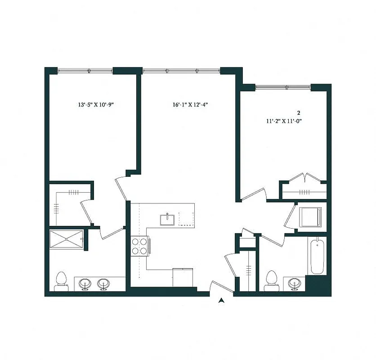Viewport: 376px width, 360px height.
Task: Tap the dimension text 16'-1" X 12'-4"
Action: (x=190, y=105)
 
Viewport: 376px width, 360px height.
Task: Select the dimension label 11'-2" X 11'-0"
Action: (x=283, y=121)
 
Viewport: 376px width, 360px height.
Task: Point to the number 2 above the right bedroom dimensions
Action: (x=298, y=112)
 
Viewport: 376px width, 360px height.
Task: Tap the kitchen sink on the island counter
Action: (x=167, y=219)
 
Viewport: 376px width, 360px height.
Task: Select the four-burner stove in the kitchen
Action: (x=140, y=247)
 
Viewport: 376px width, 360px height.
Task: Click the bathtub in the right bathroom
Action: (x=317, y=256)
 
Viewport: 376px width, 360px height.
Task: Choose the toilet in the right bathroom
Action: (x=271, y=280)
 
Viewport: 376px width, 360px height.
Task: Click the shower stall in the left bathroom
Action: (x=67, y=238)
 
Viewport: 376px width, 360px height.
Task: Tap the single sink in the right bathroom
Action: (x=295, y=283)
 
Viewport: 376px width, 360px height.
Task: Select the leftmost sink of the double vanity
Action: (x=85, y=284)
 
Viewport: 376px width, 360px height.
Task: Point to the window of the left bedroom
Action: (x=85, y=70)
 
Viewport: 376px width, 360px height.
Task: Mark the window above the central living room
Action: (x=181, y=70)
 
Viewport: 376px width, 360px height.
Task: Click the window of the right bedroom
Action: (x=283, y=86)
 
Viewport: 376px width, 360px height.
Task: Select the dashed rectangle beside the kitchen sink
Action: (x=186, y=219)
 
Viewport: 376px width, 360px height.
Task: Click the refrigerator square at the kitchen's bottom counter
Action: (x=183, y=277)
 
